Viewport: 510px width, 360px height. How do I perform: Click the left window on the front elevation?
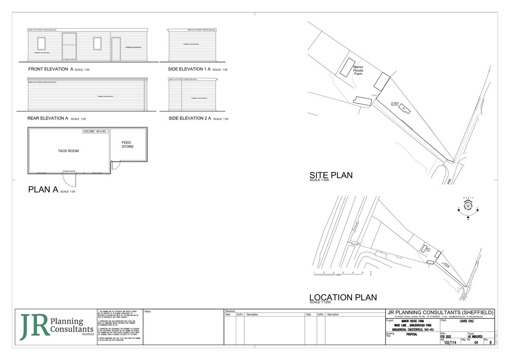coord(41,43)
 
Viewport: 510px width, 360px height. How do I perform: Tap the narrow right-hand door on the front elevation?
coord(116,49)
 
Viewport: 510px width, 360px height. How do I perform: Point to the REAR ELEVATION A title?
coord(48,118)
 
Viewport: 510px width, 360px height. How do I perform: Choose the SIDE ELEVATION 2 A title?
coord(190,118)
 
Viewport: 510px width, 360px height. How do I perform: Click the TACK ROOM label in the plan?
coord(68,151)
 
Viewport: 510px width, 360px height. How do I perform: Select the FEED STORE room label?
coord(127,145)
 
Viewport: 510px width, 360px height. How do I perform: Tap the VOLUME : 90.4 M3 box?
coord(95,132)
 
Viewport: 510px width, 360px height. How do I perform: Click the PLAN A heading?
coord(43,190)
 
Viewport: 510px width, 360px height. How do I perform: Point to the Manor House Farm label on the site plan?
coord(359,70)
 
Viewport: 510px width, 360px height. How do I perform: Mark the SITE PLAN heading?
coord(331,175)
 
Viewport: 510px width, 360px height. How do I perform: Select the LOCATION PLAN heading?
coord(343,298)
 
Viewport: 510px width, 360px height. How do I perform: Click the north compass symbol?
coord(468,206)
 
